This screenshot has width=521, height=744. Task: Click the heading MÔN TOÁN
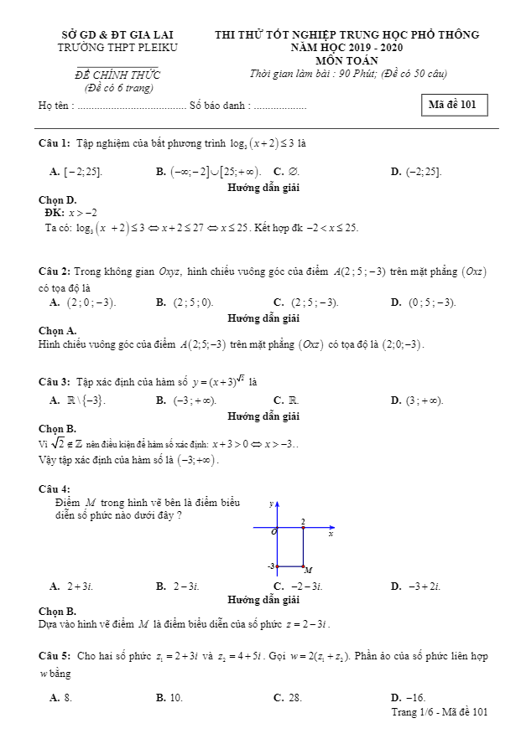[x=346, y=60]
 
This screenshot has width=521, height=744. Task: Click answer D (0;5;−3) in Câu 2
[x=424, y=302]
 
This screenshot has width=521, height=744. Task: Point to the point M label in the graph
[x=308, y=571]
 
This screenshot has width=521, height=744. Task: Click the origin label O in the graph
[x=273, y=532]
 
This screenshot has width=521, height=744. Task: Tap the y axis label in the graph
[x=270, y=504]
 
